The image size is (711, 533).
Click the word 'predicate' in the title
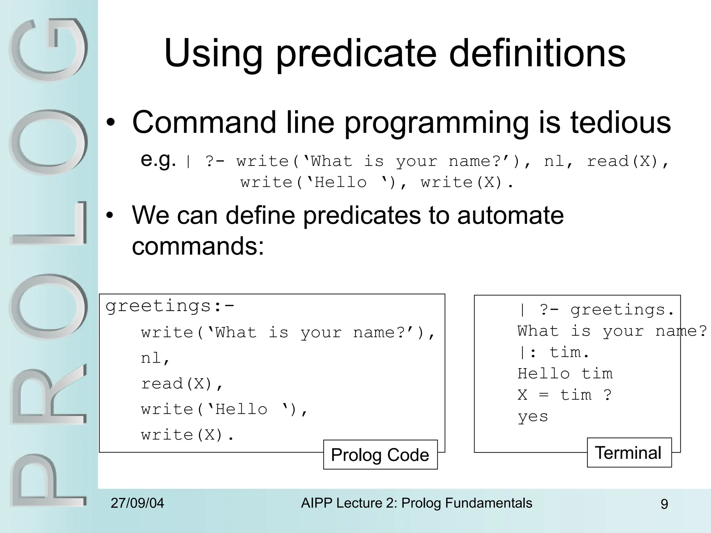point(356,54)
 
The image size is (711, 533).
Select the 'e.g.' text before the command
point(158,160)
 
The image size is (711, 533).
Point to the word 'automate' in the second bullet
point(510,215)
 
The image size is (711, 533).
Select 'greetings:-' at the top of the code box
point(170,306)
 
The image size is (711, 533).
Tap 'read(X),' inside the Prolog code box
point(182,384)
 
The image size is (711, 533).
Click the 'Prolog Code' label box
point(380,455)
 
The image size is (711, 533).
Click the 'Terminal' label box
point(629,452)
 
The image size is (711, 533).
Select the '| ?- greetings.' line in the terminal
point(596,310)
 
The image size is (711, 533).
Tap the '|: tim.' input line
point(553,353)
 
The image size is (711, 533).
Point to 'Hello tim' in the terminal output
point(565,374)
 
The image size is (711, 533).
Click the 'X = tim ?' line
point(564,395)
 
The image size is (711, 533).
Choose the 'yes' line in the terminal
point(533,416)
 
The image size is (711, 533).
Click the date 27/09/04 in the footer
point(137,503)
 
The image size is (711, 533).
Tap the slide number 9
point(664,504)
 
